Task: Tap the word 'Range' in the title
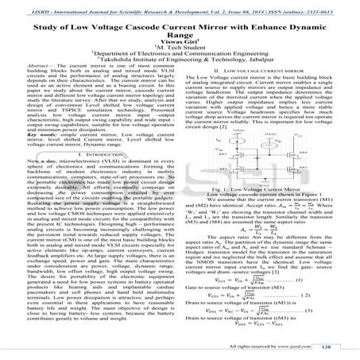click(x=179, y=37)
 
